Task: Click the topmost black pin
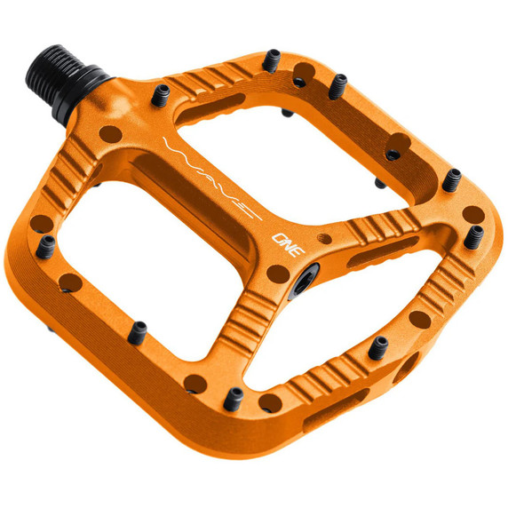pyautogui.click(x=274, y=60)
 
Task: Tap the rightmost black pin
pyautogui.click(x=476, y=236)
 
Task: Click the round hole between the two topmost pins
pyautogui.click(x=304, y=70)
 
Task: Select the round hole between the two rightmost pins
pyautogui.click(x=472, y=214)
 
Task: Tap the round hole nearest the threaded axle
pyautogui.click(x=109, y=135)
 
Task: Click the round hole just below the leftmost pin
pyautogui.click(x=66, y=283)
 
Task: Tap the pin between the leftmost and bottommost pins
pyautogui.click(x=137, y=331)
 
